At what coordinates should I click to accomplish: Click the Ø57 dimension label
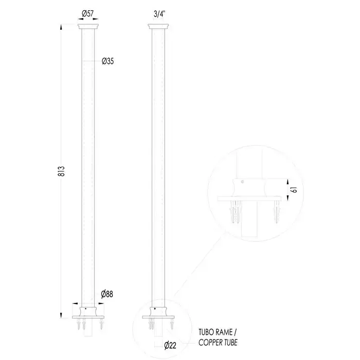(88, 14)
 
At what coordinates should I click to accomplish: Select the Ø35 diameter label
(107, 61)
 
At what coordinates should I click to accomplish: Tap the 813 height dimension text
(61, 171)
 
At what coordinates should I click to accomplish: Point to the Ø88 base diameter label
(107, 294)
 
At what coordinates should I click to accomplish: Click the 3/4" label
(159, 14)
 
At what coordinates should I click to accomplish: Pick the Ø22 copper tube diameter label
(170, 345)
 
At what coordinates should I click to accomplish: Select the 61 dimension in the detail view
(294, 190)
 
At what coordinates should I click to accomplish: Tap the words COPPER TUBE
(218, 343)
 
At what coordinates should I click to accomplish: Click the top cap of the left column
(88, 26)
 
